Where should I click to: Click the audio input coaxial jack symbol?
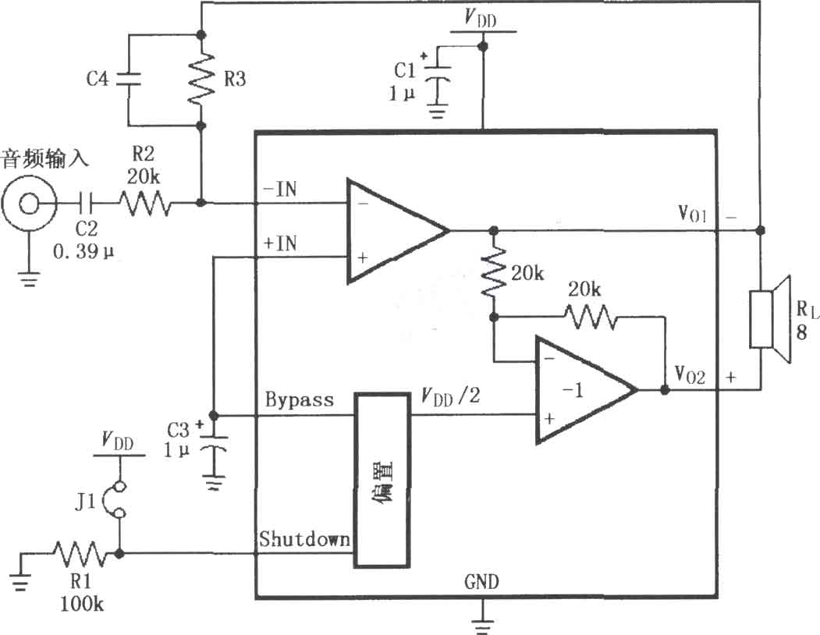28,203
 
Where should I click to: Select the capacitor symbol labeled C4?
129,79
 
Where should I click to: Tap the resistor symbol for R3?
202,80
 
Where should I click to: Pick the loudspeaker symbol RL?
770,319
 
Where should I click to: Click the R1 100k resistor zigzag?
80,554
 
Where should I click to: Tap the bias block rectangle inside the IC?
382,481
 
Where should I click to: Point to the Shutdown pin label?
304,539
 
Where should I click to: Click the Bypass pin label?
299,399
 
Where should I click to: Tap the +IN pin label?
280,243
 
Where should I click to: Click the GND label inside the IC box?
481,582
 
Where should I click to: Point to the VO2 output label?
690,375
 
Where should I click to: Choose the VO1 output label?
692,214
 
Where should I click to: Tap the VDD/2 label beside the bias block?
450,396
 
